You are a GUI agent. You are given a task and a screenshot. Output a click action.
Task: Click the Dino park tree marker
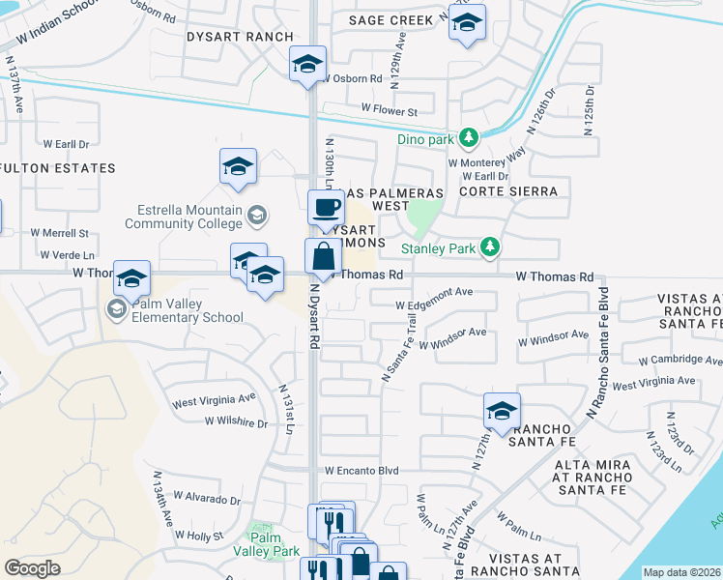coord(469,139)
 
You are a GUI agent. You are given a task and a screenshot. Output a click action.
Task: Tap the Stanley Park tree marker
coord(491,248)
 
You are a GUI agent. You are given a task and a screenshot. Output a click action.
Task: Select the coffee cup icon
coord(326,206)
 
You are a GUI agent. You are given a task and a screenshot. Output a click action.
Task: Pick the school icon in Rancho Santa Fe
coord(502,411)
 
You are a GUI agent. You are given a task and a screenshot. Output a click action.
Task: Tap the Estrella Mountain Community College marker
coord(257,215)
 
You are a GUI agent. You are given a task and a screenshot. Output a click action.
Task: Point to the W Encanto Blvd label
coord(361,471)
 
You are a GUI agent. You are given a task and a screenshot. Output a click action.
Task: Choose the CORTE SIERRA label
coord(508,191)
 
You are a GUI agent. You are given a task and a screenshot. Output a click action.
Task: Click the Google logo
coord(33,567)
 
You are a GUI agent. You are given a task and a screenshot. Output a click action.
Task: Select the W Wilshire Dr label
coord(236,422)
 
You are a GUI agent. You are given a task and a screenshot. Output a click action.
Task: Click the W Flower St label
coord(389,111)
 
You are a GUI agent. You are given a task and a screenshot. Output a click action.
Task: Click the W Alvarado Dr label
coord(209,501)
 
